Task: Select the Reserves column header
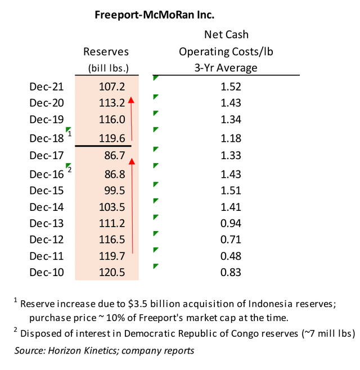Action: pyautogui.click(x=106, y=52)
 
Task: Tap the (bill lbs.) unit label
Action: pyautogui.click(x=106, y=68)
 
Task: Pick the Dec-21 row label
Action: pyautogui.click(x=47, y=87)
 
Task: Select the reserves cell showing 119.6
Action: pyautogui.click(x=110, y=138)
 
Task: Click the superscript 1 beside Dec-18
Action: pyautogui.click(x=69, y=134)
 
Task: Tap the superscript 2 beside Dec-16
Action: pyautogui.click(x=69, y=169)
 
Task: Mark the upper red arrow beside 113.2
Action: pyautogui.click(x=132, y=118)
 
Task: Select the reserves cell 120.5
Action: pyautogui.click(x=110, y=273)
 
